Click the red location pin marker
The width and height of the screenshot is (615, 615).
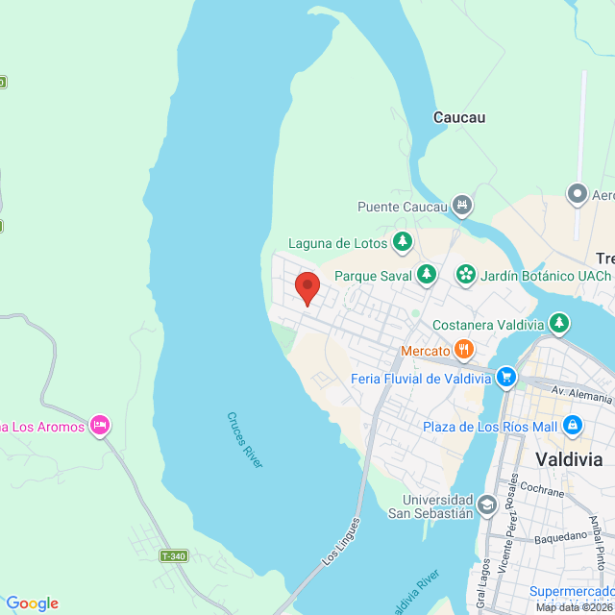[307, 287]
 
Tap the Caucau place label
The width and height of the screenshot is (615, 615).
[459, 118]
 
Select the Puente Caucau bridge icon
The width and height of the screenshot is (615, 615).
[463, 206]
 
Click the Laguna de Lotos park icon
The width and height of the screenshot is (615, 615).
[404, 242]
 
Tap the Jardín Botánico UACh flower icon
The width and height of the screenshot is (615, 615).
[466, 275]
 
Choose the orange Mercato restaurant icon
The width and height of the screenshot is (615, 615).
[464, 350]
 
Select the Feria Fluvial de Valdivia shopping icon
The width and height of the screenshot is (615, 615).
[506, 378]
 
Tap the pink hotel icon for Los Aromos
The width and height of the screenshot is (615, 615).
[99, 425]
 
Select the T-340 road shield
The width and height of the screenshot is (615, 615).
[174, 556]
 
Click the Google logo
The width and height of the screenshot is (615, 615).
[32, 603]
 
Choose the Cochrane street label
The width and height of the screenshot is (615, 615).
[546, 490]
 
